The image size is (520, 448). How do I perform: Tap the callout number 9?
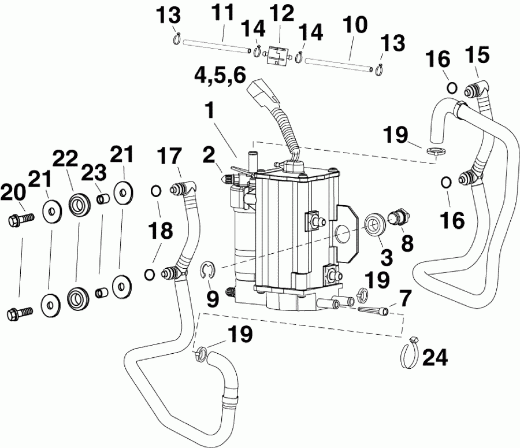point(212,298)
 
